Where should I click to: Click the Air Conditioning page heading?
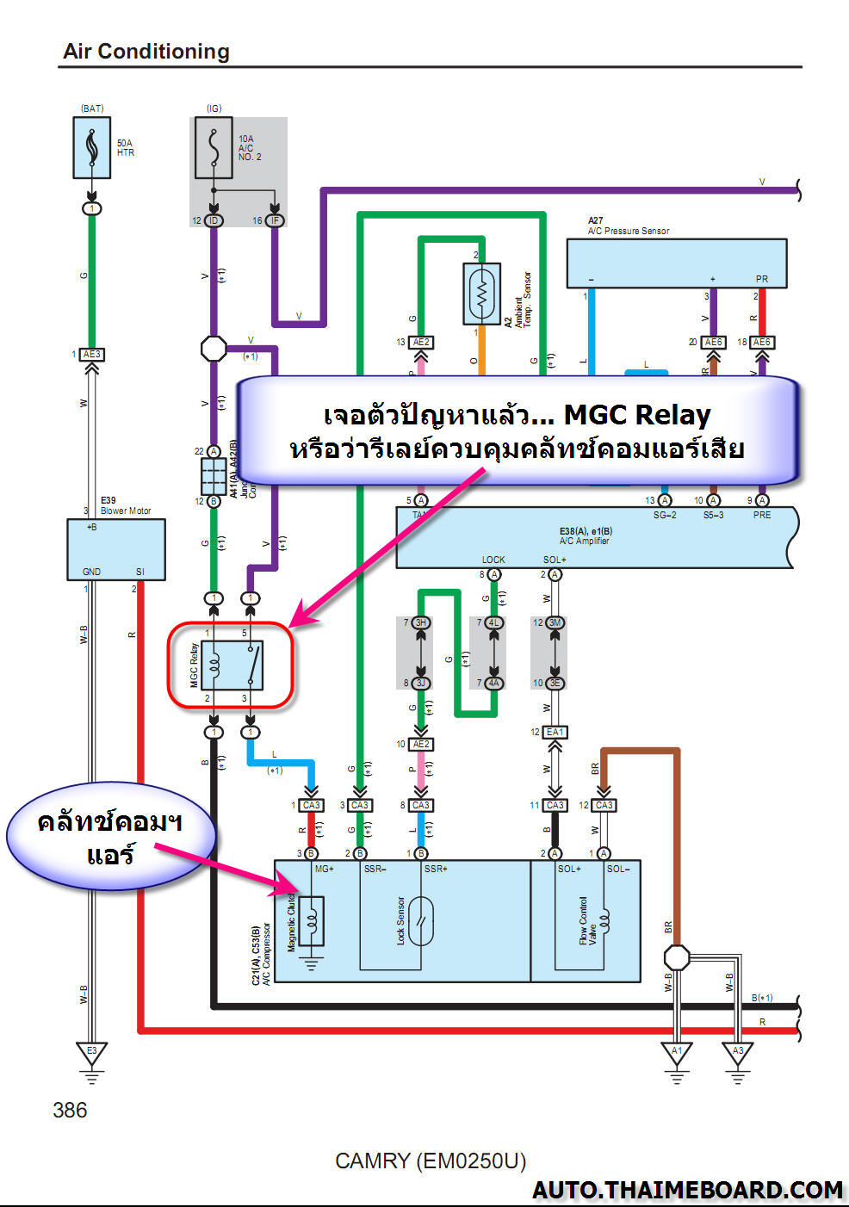[x=146, y=52]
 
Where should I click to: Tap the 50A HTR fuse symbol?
[x=92, y=148]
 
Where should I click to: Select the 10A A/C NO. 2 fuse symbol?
[x=214, y=148]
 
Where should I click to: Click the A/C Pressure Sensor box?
[x=676, y=263]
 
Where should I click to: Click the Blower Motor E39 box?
[x=116, y=548]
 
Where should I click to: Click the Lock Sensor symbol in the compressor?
[x=421, y=920]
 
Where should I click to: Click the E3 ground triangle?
[x=91, y=1053]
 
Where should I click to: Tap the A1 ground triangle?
[x=677, y=1053]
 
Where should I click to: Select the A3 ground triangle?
[x=738, y=1053]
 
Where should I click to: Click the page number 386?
[x=70, y=1111]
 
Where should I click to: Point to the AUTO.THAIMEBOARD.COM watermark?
[x=687, y=1190]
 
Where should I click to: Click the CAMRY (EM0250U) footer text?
[x=430, y=1161]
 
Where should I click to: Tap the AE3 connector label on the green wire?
[x=91, y=354]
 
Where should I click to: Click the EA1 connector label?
[x=555, y=732]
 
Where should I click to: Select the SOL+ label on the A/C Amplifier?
[x=555, y=560]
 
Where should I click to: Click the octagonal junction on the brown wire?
[x=677, y=957]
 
